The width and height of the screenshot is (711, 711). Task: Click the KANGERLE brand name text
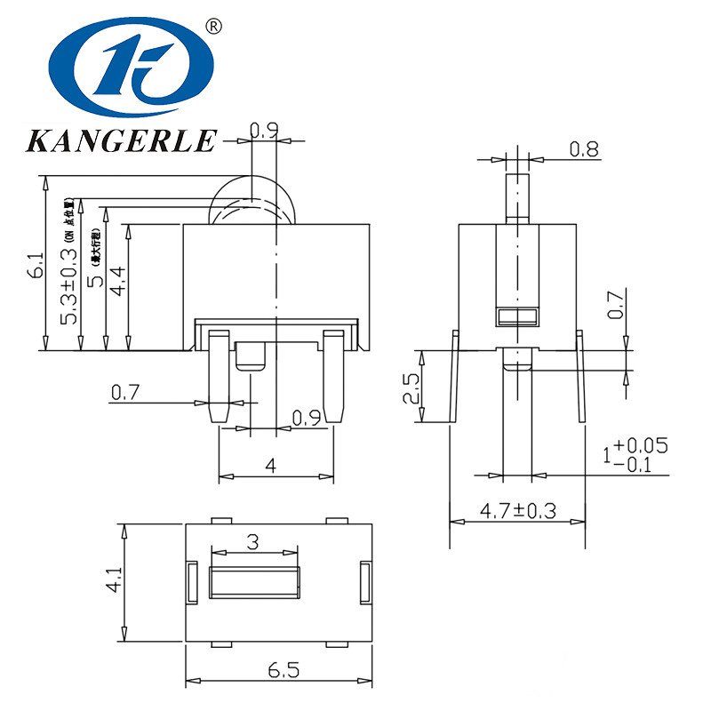click(122, 140)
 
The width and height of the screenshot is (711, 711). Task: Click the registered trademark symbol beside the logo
click(212, 26)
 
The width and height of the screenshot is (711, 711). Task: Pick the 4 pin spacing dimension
click(271, 465)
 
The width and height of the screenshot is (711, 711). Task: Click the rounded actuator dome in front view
click(253, 200)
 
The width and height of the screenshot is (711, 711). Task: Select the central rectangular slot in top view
click(253, 582)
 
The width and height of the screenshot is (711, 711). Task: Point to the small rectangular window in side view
click(517, 316)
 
